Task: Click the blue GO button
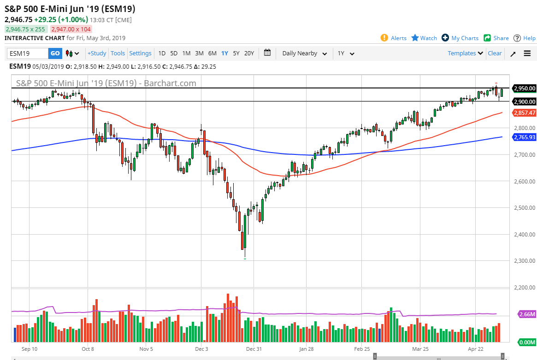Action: (55, 53)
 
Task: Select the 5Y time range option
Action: (236, 53)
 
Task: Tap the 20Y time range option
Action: (249, 53)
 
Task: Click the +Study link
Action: (97, 53)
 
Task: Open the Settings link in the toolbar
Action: (140, 53)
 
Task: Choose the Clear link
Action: (495, 53)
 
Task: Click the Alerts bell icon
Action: (384, 38)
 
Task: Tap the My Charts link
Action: (460, 38)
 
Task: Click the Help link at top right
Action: (525, 38)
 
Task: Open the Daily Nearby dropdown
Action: (304, 53)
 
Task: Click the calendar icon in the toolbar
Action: (267, 53)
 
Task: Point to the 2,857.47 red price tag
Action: (525, 113)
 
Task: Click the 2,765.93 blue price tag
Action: (525, 137)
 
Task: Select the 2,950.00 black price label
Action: (525, 88)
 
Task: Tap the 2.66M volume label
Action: (527, 314)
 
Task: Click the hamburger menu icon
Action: (527, 53)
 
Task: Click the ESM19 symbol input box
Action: (28, 53)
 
